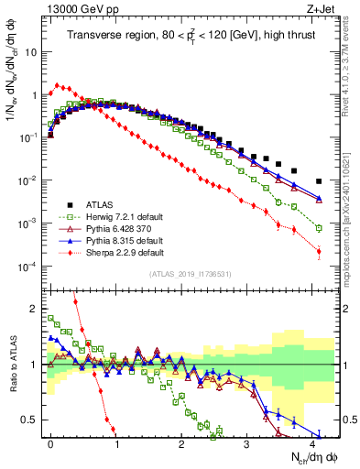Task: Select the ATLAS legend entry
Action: (x=102, y=203)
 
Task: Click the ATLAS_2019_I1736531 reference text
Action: (x=183, y=274)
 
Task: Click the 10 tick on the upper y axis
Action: (x=31, y=51)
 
